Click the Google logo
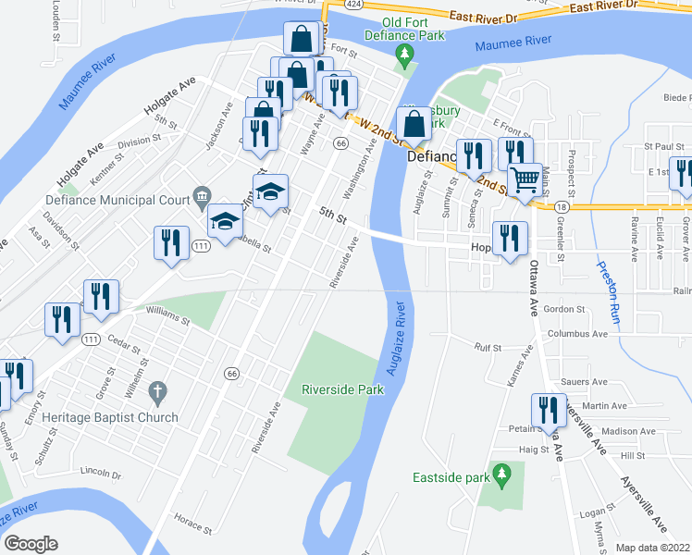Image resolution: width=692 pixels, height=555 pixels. [31, 544]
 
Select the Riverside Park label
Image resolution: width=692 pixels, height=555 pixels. [343, 390]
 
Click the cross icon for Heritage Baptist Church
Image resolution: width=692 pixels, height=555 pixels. [158, 393]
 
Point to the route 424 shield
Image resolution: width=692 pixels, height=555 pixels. [353, 4]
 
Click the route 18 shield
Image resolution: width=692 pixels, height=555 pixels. [562, 208]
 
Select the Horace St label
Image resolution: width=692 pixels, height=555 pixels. [193, 524]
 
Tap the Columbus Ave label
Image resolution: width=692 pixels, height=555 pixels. [576, 333]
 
